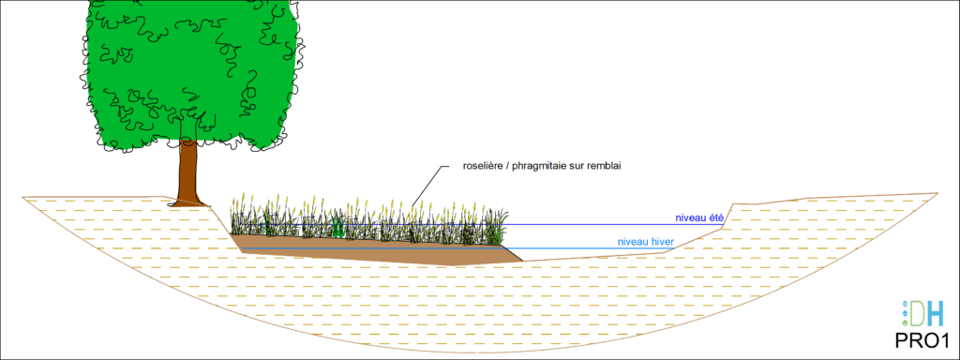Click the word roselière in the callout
coord(481,166)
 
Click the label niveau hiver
coord(645,242)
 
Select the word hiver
coord(663,242)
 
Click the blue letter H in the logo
coord(937,313)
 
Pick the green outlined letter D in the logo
coord(918,313)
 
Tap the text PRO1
coord(922,340)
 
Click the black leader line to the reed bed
coord(427,185)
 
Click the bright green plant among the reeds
coord(337,228)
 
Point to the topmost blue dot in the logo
coord(906,305)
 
